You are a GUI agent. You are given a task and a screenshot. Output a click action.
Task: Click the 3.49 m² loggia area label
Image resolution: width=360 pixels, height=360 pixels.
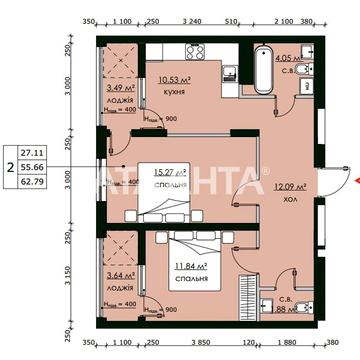pos(120,88)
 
